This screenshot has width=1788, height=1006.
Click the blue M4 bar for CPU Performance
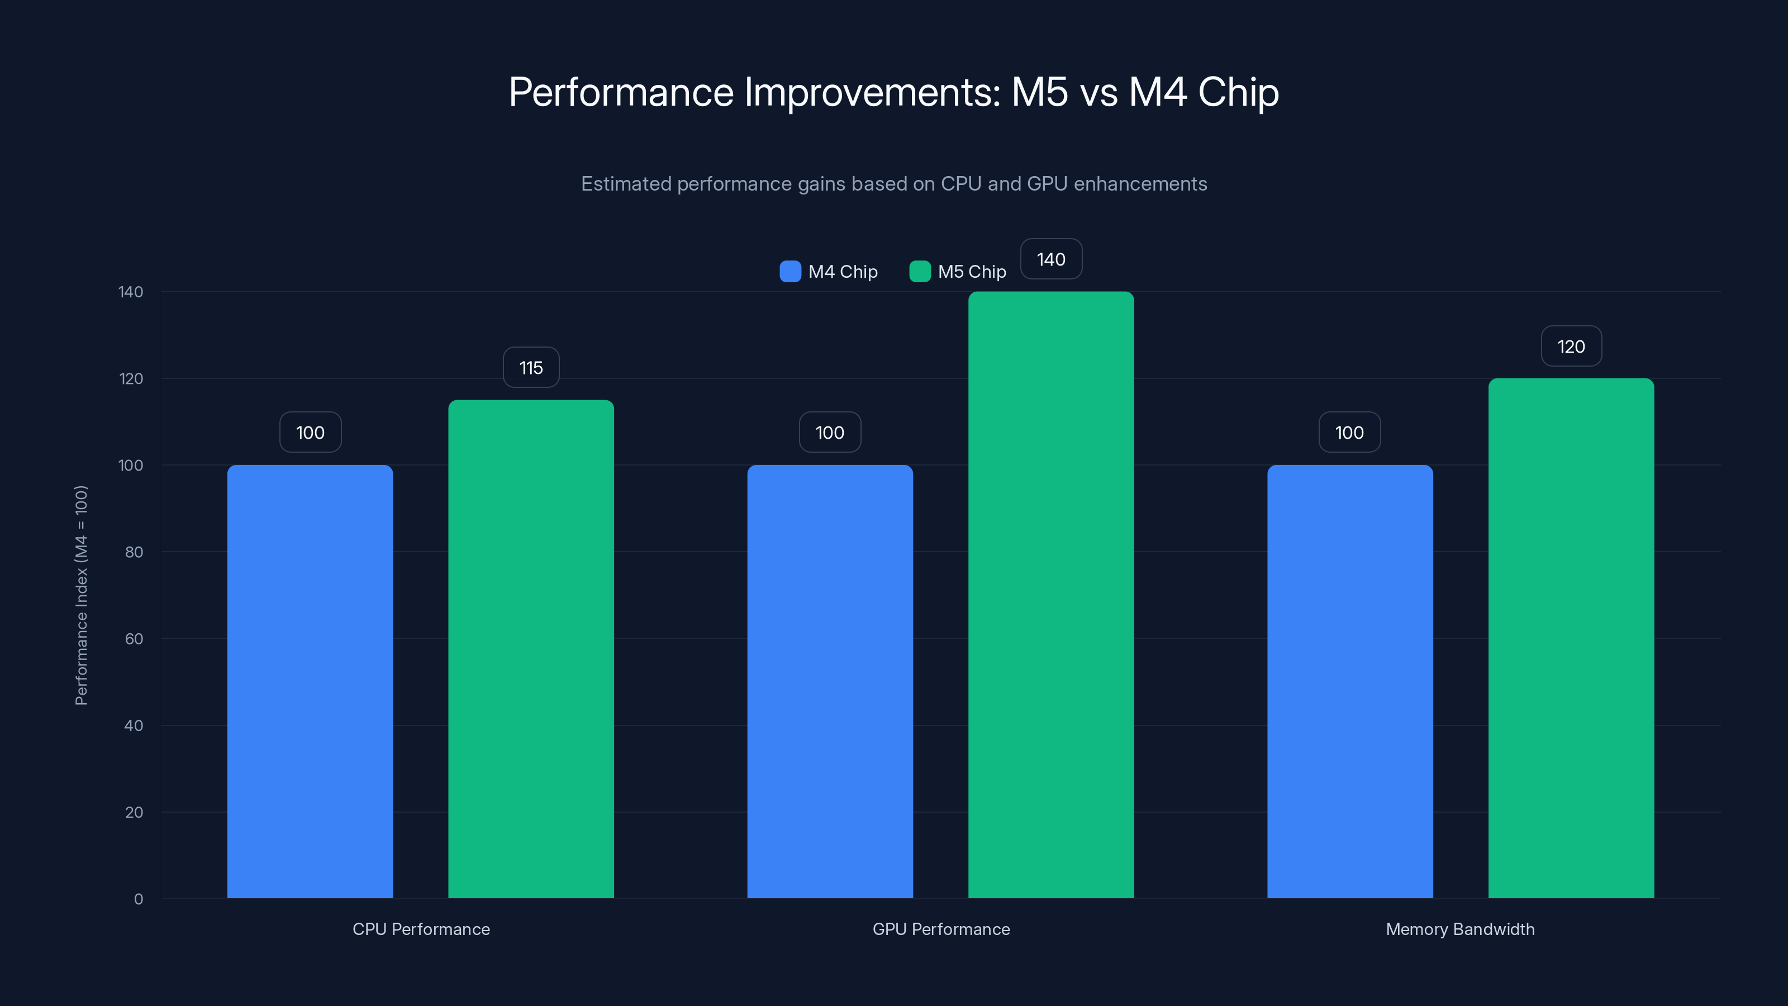point(310,680)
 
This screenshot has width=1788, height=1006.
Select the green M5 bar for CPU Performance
point(531,649)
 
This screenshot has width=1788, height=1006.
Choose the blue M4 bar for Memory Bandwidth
point(1349,680)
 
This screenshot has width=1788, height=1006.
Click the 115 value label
point(531,367)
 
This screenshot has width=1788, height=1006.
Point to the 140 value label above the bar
point(1051,259)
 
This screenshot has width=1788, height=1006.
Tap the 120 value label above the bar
point(1571,346)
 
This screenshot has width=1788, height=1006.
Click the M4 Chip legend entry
point(829,272)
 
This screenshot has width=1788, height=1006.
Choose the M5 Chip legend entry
point(958,272)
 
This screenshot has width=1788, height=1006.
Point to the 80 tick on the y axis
point(134,552)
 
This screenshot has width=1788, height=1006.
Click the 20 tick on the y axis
point(134,812)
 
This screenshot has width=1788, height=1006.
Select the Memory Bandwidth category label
point(1459,929)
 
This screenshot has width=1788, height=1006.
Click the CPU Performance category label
point(421,929)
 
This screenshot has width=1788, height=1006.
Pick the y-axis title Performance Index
point(81,595)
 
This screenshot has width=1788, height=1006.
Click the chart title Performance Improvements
point(893,92)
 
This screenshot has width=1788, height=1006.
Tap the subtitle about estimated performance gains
point(893,183)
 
